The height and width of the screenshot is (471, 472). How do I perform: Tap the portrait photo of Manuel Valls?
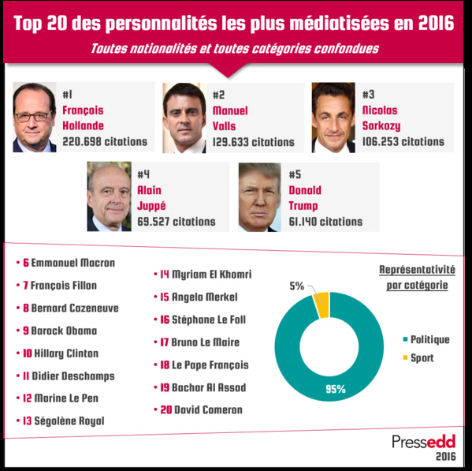(184, 118)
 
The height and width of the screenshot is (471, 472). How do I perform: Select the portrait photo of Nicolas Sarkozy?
(333, 118)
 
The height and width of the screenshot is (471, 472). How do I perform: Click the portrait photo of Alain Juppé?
(108, 197)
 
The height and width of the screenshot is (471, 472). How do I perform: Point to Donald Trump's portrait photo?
(259, 197)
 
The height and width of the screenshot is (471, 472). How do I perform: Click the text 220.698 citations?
(105, 142)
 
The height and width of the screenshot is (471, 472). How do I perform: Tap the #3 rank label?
(369, 95)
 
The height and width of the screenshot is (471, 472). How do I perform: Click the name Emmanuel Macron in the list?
(69, 263)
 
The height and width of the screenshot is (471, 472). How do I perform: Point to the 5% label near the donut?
(296, 286)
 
